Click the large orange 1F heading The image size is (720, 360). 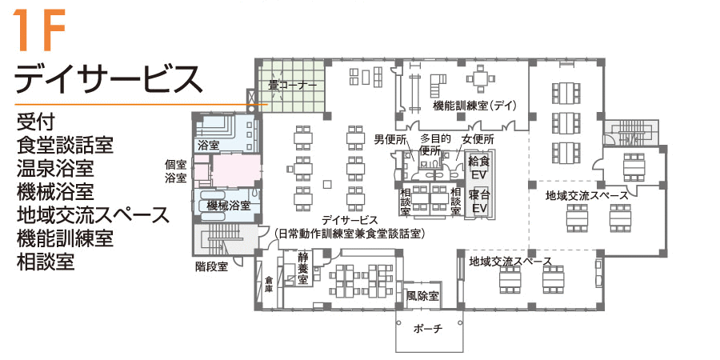coord(39,30)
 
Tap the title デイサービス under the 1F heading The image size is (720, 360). coord(108,78)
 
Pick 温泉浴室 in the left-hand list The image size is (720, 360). coord(55,168)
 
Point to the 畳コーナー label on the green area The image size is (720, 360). coord(292,85)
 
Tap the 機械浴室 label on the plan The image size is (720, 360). coord(228,206)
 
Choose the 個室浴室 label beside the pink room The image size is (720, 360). coord(176,171)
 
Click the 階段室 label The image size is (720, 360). coord(212,266)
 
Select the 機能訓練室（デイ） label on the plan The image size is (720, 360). coord(474,106)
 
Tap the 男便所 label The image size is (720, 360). coord(390,138)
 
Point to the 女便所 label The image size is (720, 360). coord(477,138)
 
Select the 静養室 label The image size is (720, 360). coord(302,268)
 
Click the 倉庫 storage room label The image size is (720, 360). coord(269,285)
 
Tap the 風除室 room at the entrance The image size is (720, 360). coord(422,296)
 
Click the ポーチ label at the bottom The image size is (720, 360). coord(428,329)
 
